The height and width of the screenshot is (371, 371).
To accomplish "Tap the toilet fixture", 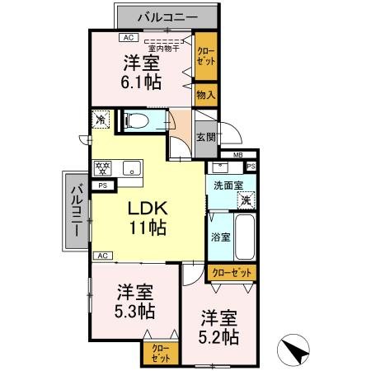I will point(139,121).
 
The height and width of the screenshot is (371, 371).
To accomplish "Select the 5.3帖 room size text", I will point(135,311).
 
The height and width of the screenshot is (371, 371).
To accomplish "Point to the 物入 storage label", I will point(205,96).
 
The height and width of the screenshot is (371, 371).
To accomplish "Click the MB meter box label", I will point(237,155).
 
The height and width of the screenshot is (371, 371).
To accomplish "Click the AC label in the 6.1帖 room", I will point(128,38).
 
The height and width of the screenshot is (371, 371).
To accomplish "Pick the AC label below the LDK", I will point(103,256).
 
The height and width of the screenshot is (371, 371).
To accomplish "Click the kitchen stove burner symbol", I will point(104,168).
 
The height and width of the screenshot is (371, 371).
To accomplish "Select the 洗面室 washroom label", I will point(229,185).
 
